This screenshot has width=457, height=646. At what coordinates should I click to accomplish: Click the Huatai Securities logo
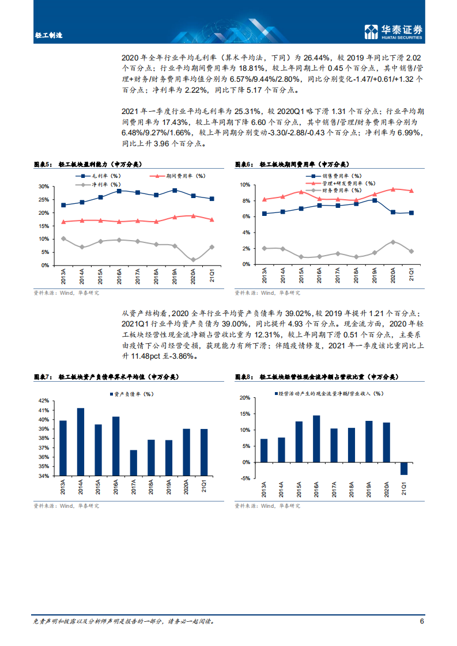tap(394, 32)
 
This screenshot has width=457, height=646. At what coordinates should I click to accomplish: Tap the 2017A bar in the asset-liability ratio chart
tap(133, 463)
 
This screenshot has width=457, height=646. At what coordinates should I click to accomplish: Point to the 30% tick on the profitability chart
tap(43, 187)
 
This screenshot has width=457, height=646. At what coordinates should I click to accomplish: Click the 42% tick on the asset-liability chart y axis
tap(43, 401)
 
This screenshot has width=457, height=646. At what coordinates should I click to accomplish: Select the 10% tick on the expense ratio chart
tap(244, 185)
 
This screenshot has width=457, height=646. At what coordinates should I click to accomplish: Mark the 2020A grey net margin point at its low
tap(193, 260)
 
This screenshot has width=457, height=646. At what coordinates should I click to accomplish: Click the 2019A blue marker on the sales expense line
tap(375, 200)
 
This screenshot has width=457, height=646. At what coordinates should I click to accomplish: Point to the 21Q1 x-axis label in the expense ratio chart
tap(411, 272)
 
